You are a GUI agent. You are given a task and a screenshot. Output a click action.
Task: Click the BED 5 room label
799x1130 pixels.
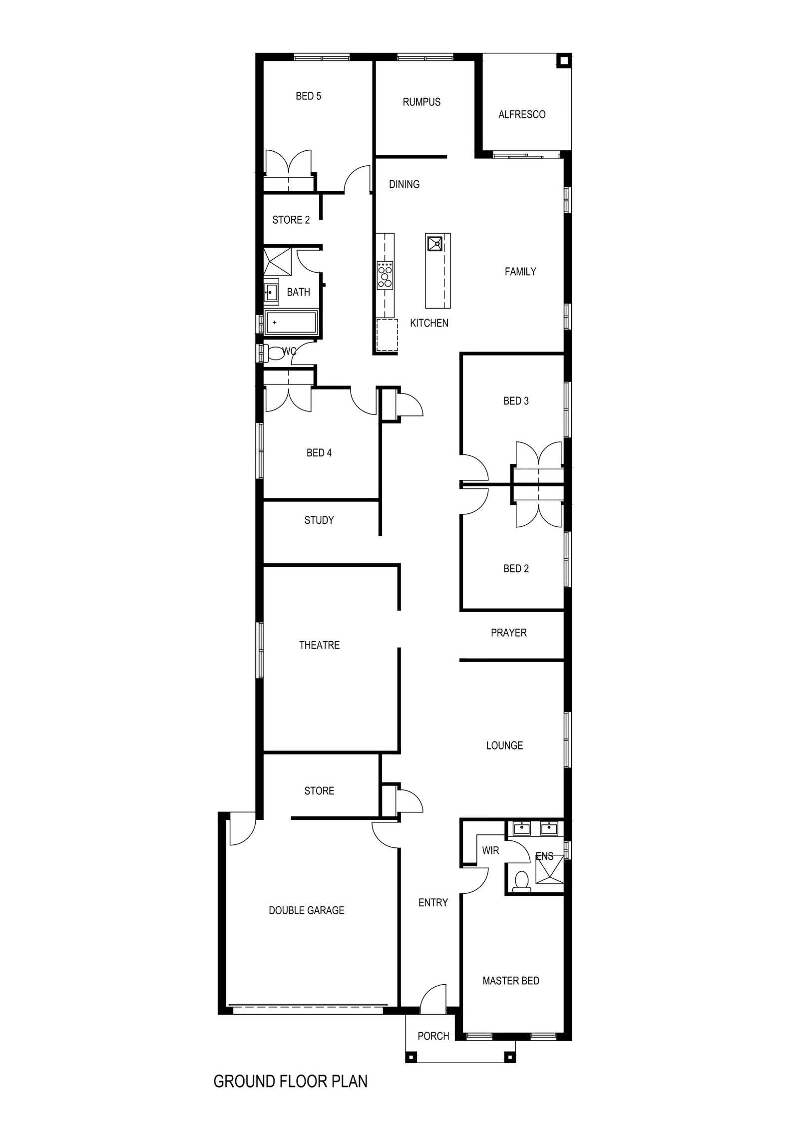point(308,96)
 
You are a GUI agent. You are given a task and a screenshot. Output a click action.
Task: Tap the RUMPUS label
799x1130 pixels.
point(421,102)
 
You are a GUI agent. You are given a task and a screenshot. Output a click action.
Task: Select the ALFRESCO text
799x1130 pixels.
point(522,114)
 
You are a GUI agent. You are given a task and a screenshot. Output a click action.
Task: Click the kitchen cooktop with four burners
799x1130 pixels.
point(386,275)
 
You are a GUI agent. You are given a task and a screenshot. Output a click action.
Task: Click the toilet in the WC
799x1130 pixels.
point(273,354)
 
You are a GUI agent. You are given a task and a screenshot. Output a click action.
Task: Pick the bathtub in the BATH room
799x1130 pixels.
point(291,323)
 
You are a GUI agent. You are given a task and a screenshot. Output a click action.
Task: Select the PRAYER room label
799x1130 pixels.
point(508,633)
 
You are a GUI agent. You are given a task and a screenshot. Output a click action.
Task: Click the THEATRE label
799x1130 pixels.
point(319,645)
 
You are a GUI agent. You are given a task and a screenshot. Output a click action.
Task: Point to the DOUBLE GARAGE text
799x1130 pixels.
point(306,910)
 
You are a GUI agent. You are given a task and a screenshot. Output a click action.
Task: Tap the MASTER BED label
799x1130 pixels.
point(511,981)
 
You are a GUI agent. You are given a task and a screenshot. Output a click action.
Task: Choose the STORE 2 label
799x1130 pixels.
point(291,220)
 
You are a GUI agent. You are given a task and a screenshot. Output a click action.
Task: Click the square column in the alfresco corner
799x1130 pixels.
point(563,61)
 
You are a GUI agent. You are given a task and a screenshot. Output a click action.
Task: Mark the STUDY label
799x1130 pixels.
point(319,520)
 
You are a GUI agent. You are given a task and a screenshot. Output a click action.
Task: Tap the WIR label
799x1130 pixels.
point(490,850)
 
